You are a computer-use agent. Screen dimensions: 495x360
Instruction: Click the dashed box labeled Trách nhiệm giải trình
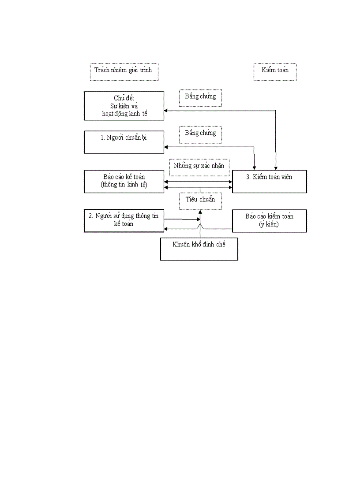[x=124, y=71]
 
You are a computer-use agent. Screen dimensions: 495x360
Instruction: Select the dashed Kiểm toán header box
[x=274, y=71]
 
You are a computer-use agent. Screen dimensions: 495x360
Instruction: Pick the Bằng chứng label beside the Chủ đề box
[x=200, y=97]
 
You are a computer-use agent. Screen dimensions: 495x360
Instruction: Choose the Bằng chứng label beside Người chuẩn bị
[x=200, y=134]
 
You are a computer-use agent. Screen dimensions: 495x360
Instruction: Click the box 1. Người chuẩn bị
[x=124, y=141]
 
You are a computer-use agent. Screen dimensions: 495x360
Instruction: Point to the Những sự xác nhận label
[x=199, y=166]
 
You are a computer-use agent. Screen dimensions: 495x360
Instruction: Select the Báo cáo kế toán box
[x=124, y=181]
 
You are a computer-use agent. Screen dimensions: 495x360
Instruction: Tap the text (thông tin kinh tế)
[x=124, y=185]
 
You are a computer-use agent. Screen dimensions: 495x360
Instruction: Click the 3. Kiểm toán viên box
[x=269, y=181]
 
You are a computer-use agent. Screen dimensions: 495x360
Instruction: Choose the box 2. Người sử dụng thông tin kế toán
[x=124, y=220]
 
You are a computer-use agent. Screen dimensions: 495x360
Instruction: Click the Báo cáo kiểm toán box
[x=269, y=220]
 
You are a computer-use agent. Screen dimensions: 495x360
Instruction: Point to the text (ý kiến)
[x=269, y=224]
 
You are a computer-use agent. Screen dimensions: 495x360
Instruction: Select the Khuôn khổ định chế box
[x=199, y=249]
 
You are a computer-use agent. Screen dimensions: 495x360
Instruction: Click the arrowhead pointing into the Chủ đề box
[x=166, y=110]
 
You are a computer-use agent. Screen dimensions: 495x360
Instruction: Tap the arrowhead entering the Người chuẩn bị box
[x=166, y=147]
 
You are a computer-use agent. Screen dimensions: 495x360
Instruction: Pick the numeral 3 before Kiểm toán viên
[x=248, y=177]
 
